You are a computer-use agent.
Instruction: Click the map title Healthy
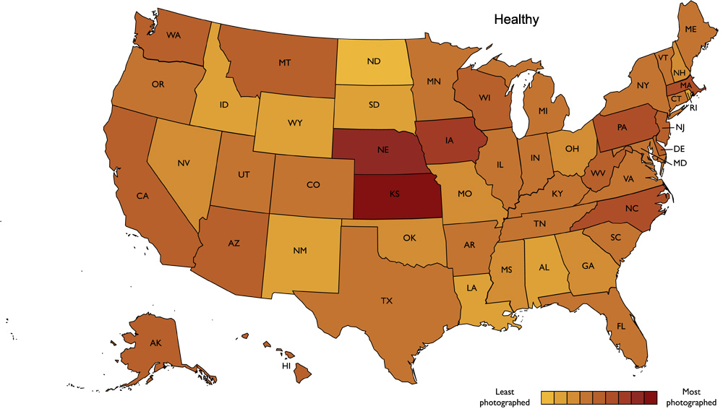(x=516, y=20)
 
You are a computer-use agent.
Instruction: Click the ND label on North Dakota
(x=373, y=61)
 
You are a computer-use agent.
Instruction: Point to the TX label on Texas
(x=387, y=300)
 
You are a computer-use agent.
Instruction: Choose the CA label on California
(x=142, y=195)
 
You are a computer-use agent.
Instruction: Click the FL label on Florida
(x=621, y=326)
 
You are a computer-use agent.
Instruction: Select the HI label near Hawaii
(x=286, y=366)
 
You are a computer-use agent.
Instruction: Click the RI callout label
(x=693, y=108)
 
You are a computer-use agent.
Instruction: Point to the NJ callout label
(x=680, y=128)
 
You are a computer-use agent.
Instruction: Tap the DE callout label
(x=680, y=148)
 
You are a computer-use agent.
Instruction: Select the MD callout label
(x=680, y=163)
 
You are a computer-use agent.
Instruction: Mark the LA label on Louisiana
(x=471, y=288)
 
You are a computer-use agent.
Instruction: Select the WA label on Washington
(x=174, y=35)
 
